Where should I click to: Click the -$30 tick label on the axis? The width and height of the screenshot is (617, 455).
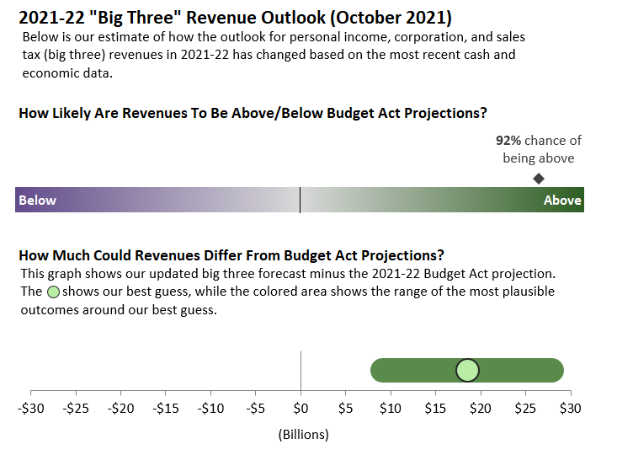[31, 409]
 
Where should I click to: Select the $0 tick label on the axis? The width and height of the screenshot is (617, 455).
[301, 409]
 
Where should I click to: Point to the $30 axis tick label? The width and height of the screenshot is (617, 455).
[571, 409]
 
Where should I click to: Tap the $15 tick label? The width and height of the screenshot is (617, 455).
[435, 409]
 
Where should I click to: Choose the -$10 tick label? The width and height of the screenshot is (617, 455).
[210, 409]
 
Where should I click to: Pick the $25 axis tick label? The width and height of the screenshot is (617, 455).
[525, 409]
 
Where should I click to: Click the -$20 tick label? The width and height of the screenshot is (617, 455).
[121, 409]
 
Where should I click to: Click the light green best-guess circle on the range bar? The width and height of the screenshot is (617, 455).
[467, 370]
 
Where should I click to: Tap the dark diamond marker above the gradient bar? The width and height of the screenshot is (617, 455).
[539, 179]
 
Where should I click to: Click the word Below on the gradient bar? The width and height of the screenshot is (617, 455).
[38, 201]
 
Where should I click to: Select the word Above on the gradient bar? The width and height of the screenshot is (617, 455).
[562, 201]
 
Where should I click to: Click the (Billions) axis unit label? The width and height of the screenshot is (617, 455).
[303, 435]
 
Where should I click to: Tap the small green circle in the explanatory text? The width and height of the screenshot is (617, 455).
[53, 292]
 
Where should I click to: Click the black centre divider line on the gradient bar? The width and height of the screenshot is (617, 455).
[300, 201]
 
